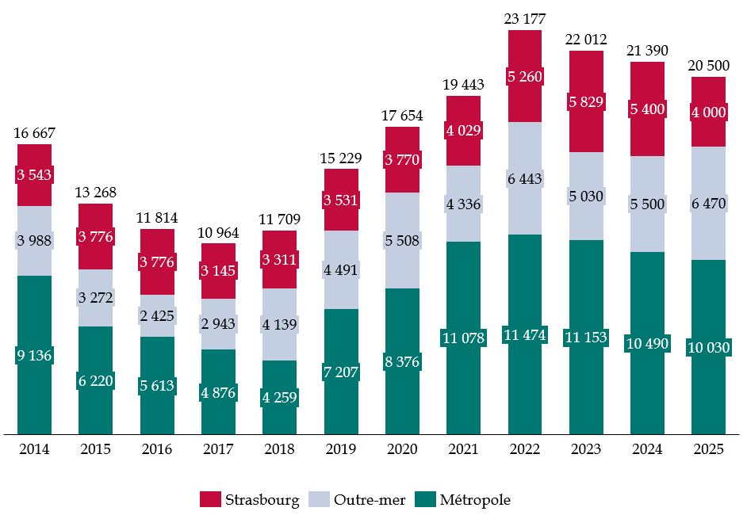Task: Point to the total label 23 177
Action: (524, 19)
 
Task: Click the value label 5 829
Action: (586, 101)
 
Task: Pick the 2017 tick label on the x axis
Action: (218, 449)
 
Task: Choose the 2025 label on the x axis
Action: (708, 449)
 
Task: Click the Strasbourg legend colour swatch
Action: (210, 500)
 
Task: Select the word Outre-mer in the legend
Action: (370, 500)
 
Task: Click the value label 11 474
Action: (524, 336)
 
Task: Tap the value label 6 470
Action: (708, 204)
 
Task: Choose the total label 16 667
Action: (34, 133)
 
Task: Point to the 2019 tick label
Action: (341, 449)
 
